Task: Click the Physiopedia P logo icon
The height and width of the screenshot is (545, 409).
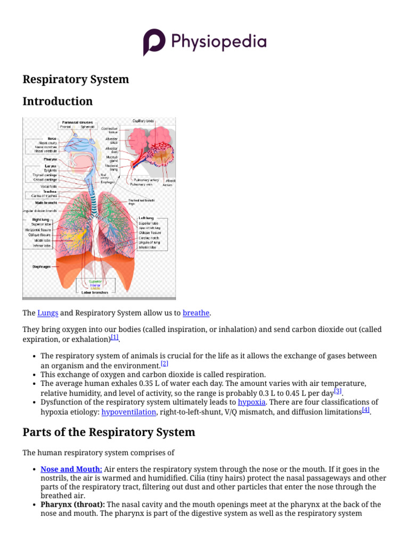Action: click(x=153, y=42)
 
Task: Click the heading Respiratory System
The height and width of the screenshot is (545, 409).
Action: click(x=76, y=80)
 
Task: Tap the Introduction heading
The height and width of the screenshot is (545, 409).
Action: click(x=58, y=101)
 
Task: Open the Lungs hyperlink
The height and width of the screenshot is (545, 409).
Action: click(x=48, y=312)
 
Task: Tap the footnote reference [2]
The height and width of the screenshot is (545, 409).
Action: click(x=165, y=364)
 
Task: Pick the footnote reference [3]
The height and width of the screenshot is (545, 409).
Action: click(x=338, y=391)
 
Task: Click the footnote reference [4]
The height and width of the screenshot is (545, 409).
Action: click(x=365, y=410)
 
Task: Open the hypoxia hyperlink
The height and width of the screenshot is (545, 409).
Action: click(x=250, y=402)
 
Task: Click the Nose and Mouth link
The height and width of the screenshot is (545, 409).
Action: click(x=71, y=469)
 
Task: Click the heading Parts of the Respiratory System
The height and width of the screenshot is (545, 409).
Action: click(x=109, y=432)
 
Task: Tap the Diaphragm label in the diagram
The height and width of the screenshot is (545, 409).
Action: click(x=41, y=266)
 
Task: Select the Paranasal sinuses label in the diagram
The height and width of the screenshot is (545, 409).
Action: click(x=77, y=122)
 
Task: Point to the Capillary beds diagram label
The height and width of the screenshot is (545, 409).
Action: click(x=143, y=121)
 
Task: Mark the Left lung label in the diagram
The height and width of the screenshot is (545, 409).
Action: click(x=146, y=218)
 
